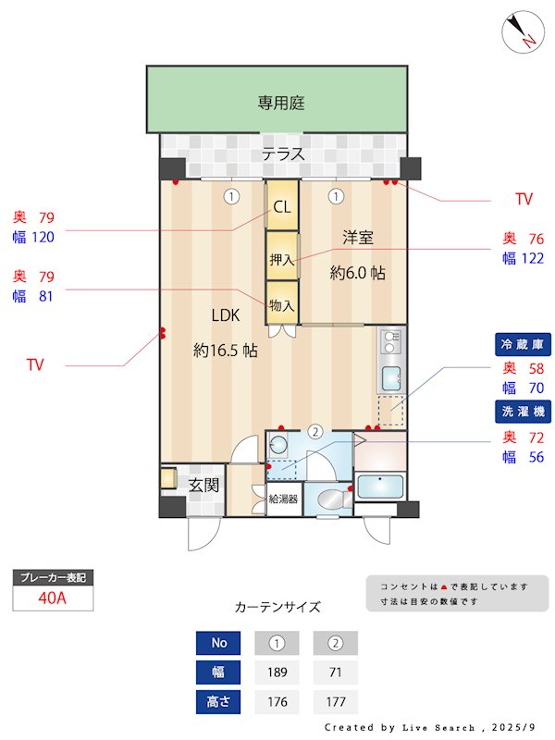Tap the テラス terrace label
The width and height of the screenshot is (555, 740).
tap(282, 154)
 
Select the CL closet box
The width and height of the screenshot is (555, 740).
tap(282, 208)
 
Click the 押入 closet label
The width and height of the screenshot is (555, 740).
tap(281, 261)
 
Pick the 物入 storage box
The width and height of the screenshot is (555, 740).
tap(281, 304)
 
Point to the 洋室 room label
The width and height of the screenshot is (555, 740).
tap(358, 238)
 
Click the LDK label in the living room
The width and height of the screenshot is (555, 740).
tap(226, 315)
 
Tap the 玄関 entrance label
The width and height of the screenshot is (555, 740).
tap(203, 485)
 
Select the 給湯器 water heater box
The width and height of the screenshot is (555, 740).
tap(283, 499)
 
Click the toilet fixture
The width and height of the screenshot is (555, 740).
tap(329, 500)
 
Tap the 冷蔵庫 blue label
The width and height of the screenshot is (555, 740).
tap(523, 344)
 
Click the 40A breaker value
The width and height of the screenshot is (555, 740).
tap(53, 598)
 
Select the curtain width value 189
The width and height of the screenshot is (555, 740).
tap(277, 672)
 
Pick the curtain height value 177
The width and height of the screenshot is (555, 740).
tap(335, 702)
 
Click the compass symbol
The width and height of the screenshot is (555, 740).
tap(521, 32)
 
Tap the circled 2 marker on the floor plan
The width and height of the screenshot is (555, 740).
tap(315, 430)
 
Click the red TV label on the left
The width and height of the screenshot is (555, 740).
tap(35, 365)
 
